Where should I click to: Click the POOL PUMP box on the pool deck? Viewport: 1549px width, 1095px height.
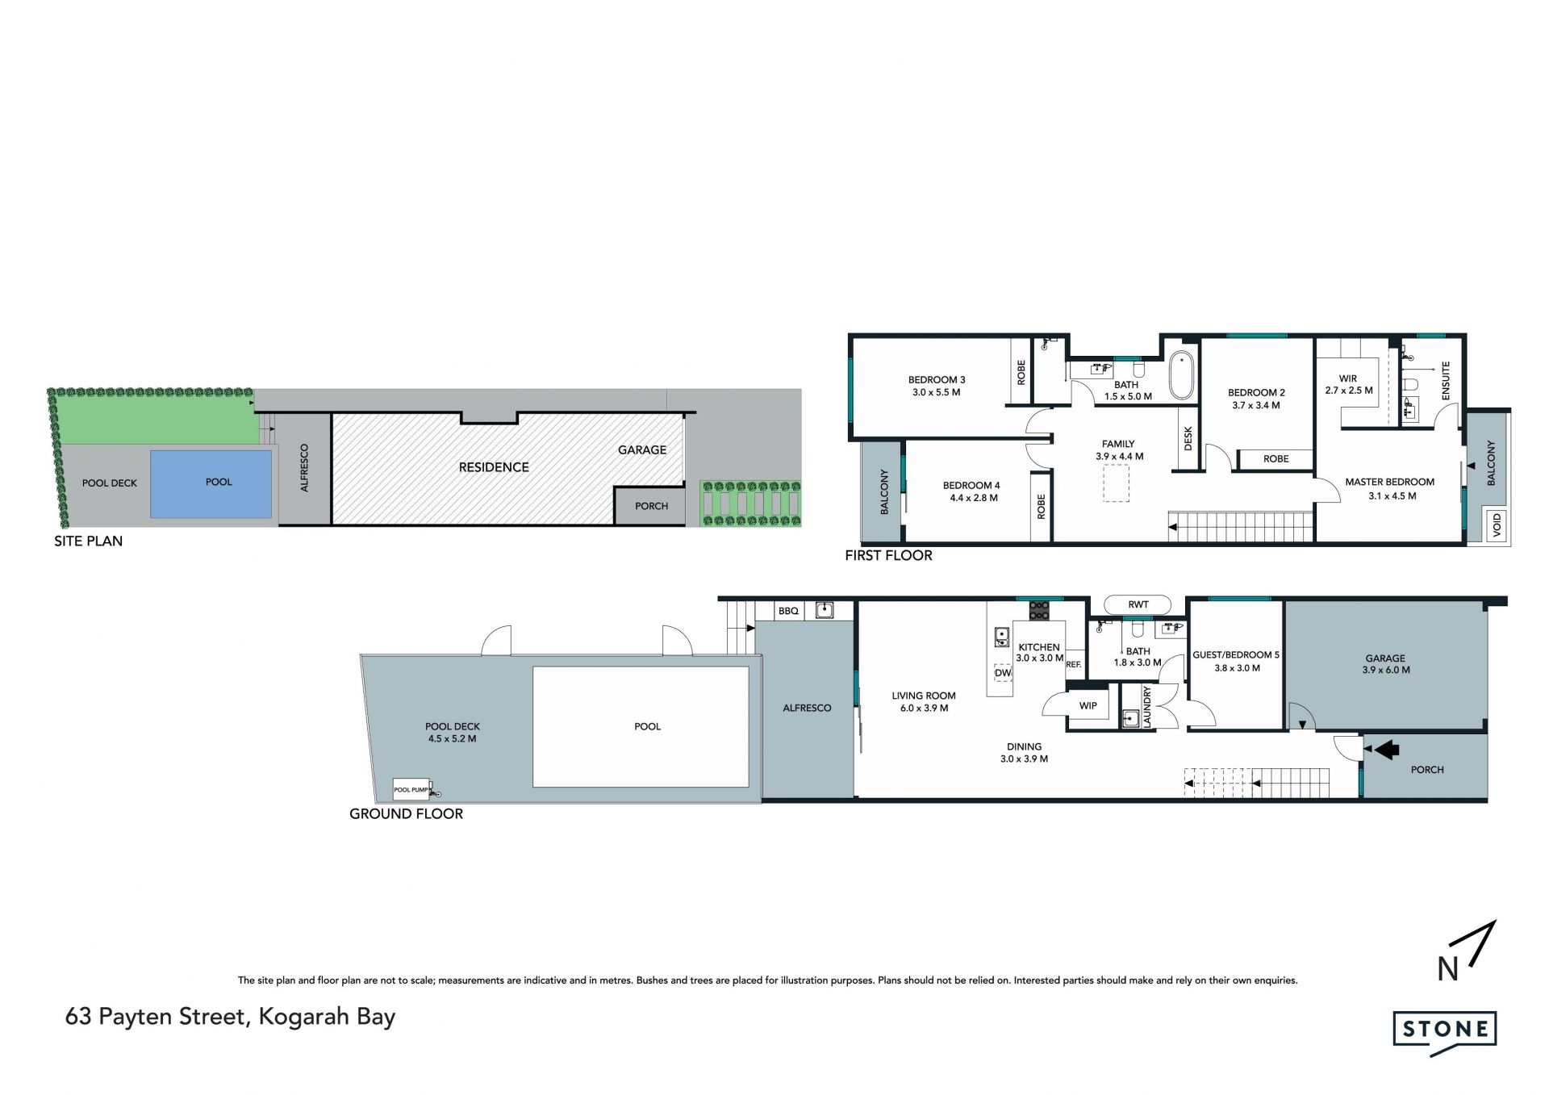tap(411, 789)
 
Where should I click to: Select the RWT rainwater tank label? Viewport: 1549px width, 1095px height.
tap(1138, 604)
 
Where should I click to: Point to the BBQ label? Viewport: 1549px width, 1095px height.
tap(788, 611)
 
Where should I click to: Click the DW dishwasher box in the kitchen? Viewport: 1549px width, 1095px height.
tap(1003, 672)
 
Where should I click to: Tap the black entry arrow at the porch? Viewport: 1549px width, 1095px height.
tap(1386, 750)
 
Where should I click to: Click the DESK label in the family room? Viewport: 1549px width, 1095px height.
tap(1188, 439)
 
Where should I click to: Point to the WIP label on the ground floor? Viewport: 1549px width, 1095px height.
tap(1088, 705)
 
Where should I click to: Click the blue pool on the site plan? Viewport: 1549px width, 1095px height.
tap(211, 483)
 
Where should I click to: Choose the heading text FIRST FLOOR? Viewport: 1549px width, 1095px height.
tap(888, 555)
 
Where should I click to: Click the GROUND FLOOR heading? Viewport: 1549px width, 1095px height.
tap(406, 813)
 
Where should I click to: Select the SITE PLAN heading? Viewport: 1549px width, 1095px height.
tap(88, 541)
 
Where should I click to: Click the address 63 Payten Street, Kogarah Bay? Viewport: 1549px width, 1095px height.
tap(230, 1017)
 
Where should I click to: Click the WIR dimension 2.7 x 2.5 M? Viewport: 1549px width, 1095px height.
tap(1348, 391)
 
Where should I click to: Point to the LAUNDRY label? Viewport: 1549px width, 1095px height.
tap(1147, 707)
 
